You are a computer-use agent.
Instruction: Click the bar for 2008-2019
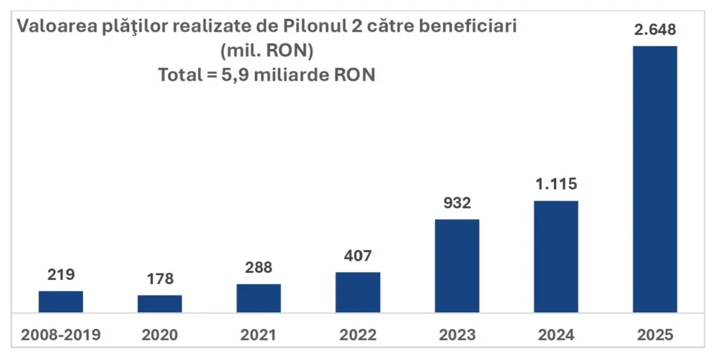[60, 302]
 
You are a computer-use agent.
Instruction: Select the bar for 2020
[159, 304]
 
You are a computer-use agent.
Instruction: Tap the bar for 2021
[258, 298]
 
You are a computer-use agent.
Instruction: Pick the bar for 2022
[357, 292]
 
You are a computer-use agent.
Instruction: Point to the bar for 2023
[456, 266]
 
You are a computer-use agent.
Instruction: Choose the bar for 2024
[555, 257]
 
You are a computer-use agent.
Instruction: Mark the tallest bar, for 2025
[654, 179]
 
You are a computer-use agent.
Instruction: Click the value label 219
[60, 274]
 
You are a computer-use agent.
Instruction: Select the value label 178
[159, 279]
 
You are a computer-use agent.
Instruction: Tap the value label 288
[258, 267]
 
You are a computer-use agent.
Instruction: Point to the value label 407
[357, 255]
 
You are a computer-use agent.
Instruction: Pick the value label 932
[456, 203]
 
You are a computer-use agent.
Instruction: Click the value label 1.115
[555, 185]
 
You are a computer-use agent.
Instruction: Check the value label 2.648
[654, 29]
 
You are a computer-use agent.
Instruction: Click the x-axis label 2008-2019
[60, 335]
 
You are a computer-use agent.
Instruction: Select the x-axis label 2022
[357, 335]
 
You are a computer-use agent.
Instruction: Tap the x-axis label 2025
[654, 335]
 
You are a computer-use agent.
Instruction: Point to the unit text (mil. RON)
[266, 51]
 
